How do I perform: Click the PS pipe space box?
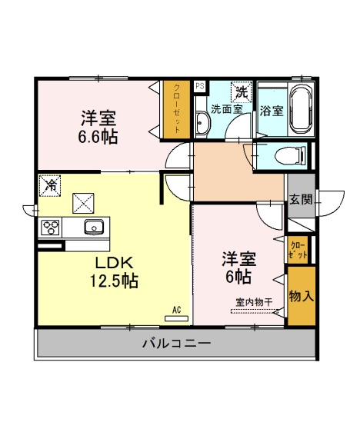pos(200,85)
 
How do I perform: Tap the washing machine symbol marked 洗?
pos(242,92)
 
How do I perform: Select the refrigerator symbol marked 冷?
pos(50,185)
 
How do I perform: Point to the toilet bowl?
pos(290,155)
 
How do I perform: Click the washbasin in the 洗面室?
pos(202,123)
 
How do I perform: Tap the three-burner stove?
pos(51,228)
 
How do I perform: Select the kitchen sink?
pos(95,227)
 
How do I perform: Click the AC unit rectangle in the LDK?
pos(176,318)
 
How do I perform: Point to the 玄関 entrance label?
pos(301,200)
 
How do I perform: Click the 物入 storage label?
pos(302,296)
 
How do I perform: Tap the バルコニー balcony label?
pos(177,343)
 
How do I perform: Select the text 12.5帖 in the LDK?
pos(114,281)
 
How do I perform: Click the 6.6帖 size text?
pos(98,137)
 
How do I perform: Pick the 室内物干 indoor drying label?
pos(254,302)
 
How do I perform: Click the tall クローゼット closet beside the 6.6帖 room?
pos(177,110)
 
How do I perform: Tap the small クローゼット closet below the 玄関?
pos(298,251)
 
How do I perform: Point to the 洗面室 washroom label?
pos(227,109)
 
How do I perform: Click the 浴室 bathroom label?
pos(272,111)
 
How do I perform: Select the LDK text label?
pos(114,264)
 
